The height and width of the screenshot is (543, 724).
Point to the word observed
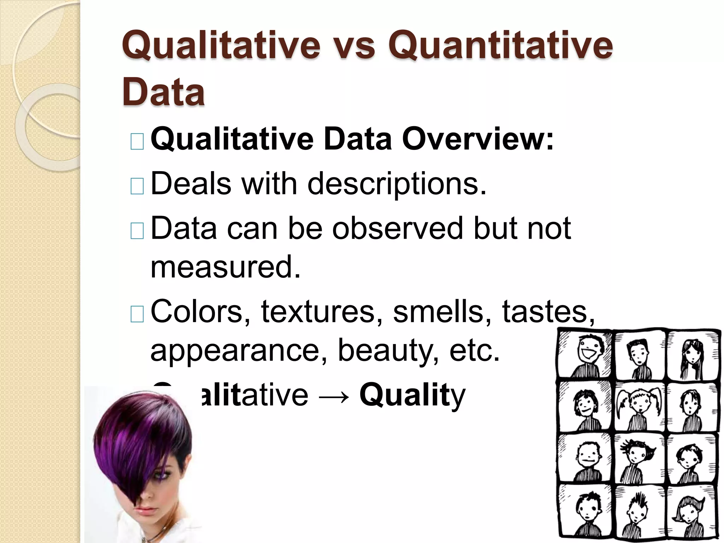coord(397,228)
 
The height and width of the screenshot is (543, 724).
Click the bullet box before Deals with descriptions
coord(137,186)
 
